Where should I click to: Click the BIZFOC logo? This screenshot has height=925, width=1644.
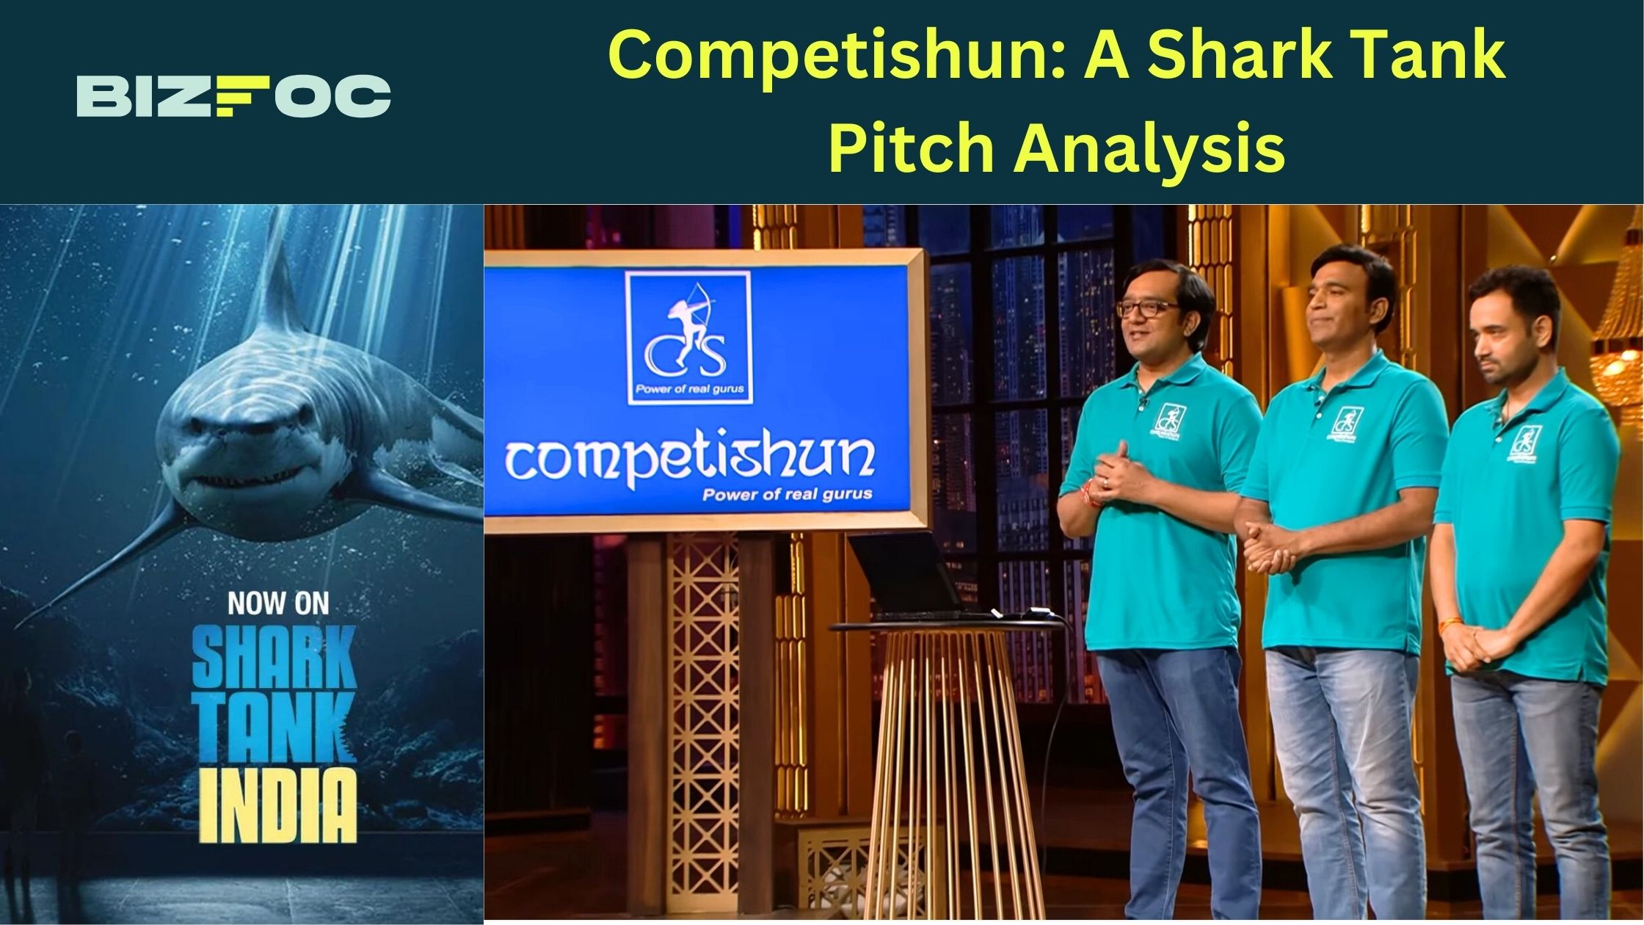point(233,95)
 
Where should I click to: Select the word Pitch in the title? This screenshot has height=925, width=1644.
point(910,147)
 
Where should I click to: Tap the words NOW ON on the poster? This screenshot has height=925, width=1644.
point(278,603)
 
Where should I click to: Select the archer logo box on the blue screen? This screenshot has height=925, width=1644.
point(688,338)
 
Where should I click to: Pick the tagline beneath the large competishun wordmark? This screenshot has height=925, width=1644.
point(787,494)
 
